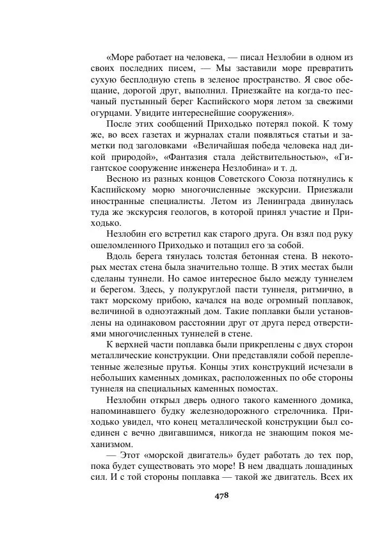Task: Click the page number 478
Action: tap(220, 494)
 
